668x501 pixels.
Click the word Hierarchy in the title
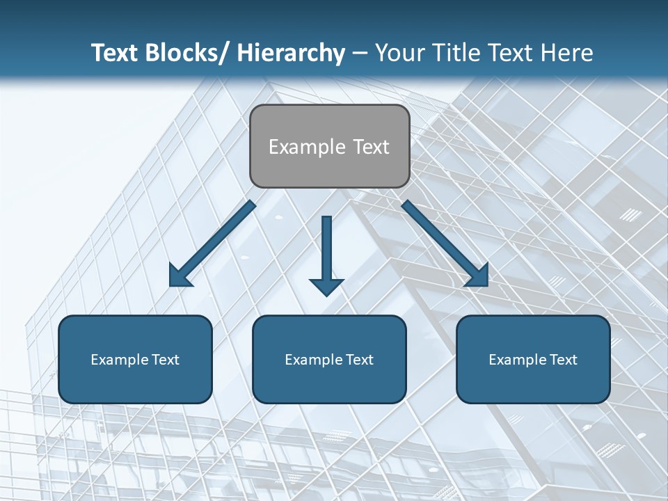tap(291, 53)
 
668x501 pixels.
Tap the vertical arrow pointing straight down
tap(326, 250)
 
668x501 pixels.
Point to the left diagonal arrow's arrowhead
tap(180, 276)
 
